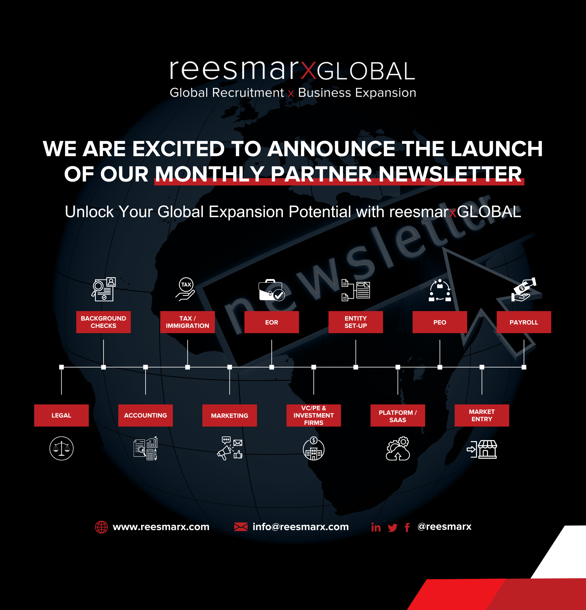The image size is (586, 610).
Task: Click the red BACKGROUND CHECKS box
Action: tap(103, 322)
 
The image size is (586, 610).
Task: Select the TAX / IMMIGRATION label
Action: tap(187, 322)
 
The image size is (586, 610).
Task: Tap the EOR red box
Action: tap(272, 322)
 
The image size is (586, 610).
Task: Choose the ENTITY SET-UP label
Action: tap(356, 322)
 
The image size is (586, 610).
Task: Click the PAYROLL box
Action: tap(524, 322)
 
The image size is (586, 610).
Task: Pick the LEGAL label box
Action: tap(61, 415)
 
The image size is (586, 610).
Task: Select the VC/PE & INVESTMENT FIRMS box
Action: tap(313, 415)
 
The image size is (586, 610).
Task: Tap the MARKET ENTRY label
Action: tap(482, 415)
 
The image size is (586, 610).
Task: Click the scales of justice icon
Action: tap(61, 448)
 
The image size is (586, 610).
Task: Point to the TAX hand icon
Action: tap(186, 289)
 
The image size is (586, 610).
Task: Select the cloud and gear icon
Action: tap(398, 448)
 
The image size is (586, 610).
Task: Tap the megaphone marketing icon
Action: tap(230, 448)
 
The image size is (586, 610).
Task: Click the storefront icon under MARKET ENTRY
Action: tap(482, 449)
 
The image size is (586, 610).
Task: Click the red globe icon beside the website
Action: tap(102, 527)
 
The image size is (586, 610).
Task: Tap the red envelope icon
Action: tap(241, 527)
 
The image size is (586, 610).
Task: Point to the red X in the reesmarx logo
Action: tap(308, 70)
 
